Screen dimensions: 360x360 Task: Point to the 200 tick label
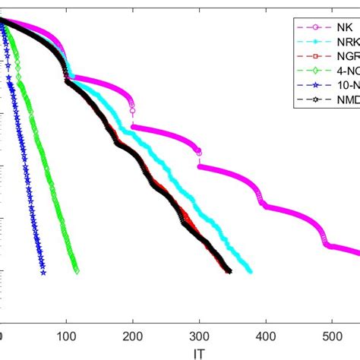click(x=133, y=337)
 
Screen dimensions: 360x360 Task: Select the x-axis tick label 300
click(x=200, y=337)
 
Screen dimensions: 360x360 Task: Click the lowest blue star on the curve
click(x=43, y=273)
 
